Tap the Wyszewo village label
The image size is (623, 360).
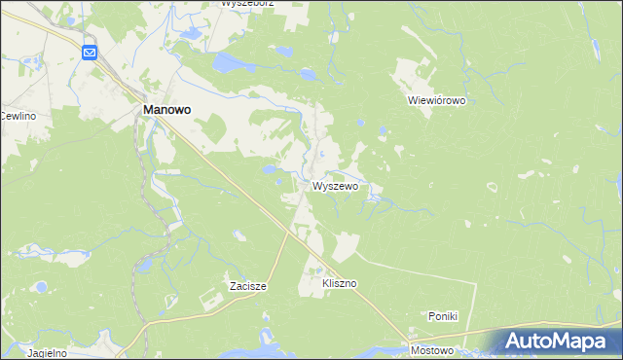336,186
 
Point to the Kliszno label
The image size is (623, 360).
340,283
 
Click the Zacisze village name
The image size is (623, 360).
247,286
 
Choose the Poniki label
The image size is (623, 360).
443,316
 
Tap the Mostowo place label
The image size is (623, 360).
432,350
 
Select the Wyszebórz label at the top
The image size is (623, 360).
247,4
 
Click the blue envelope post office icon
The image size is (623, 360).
90,53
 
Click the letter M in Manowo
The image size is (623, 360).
149,111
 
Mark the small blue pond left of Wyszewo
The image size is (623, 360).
268,169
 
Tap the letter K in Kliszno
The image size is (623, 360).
325,283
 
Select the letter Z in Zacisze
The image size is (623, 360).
234,286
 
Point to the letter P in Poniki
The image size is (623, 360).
432,316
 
